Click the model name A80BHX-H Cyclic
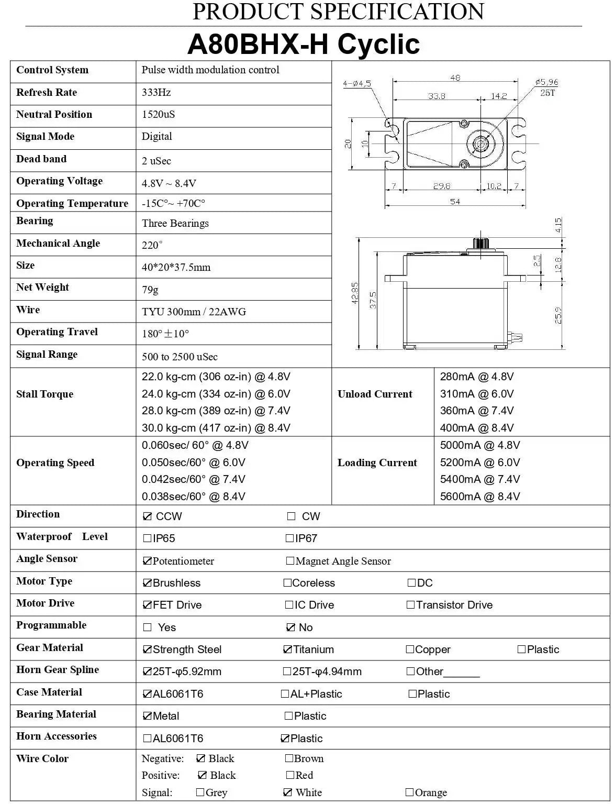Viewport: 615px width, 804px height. click(304, 44)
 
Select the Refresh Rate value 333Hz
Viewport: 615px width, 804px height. click(156, 93)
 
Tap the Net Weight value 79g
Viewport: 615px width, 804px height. click(150, 290)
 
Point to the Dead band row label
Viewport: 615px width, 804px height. click(41, 159)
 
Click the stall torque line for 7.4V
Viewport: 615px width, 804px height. click(216, 411)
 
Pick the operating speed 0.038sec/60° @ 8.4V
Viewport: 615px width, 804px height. click(193, 497)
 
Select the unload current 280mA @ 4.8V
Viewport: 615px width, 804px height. click(476, 377)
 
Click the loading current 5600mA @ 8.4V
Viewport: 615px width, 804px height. click(479, 497)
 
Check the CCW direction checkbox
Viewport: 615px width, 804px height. click(147, 516)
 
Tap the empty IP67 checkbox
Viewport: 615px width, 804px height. click(289, 538)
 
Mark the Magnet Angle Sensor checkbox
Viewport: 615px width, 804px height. click(290, 561)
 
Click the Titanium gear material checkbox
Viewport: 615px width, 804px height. click(287, 649)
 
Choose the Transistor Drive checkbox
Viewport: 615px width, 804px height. click(411, 605)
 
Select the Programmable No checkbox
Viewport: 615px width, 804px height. click(291, 627)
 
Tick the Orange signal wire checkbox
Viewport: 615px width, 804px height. click(410, 792)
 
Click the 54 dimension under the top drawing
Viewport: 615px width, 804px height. click(455, 202)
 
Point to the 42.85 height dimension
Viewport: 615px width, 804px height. click(355, 293)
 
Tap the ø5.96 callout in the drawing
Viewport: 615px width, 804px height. click(546, 82)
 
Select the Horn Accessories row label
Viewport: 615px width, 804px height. click(57, 736)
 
